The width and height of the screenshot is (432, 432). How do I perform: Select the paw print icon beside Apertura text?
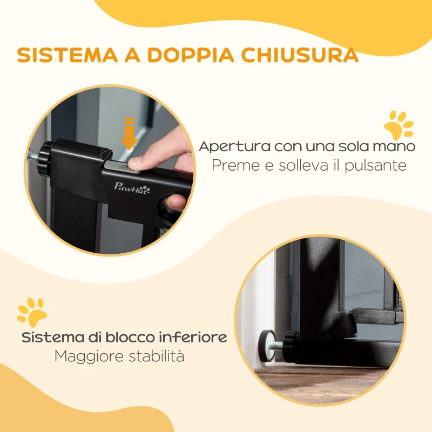pos(399,124)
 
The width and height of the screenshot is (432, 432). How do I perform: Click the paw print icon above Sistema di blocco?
pos(32,312)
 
